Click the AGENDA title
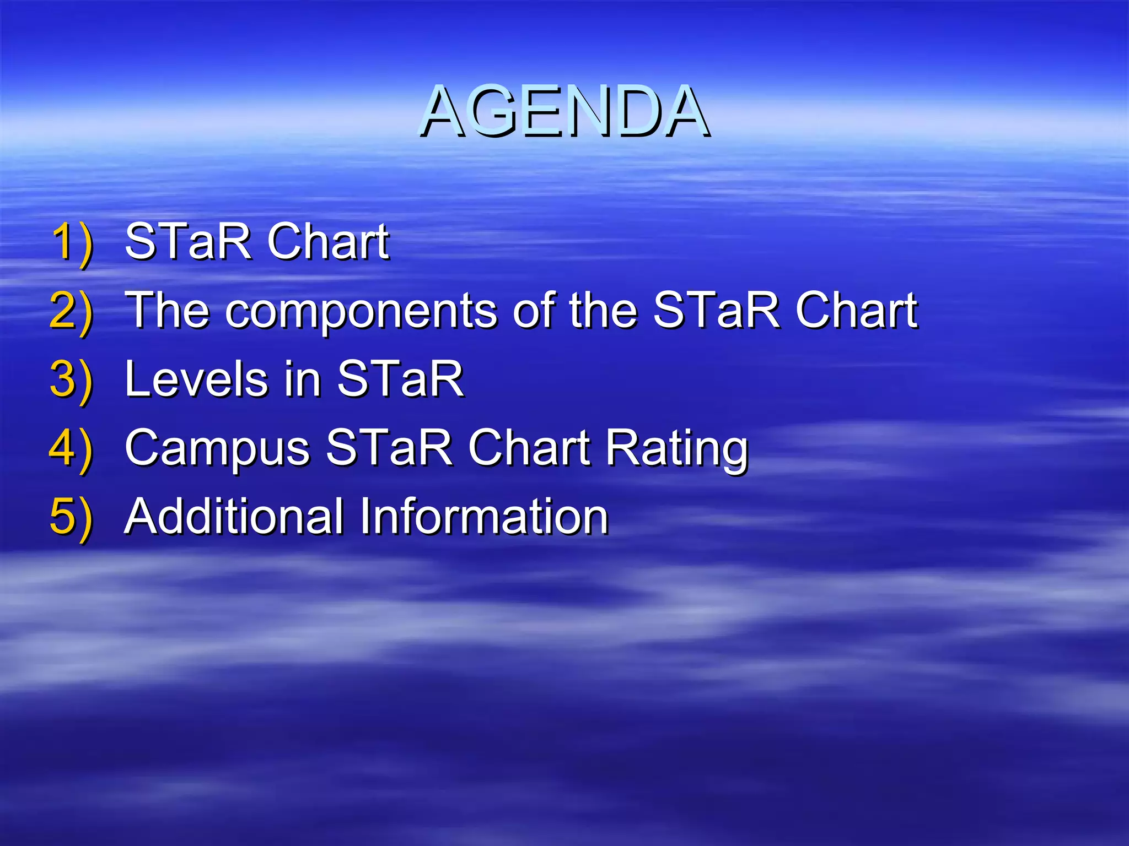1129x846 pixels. [x=564, y=111]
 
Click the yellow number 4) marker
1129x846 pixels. [x=71, y=448]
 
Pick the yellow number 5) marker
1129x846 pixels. [x=71, y=517]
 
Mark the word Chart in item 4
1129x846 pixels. [x=529, y=448]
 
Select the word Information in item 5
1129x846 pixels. [x=484, y=517]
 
